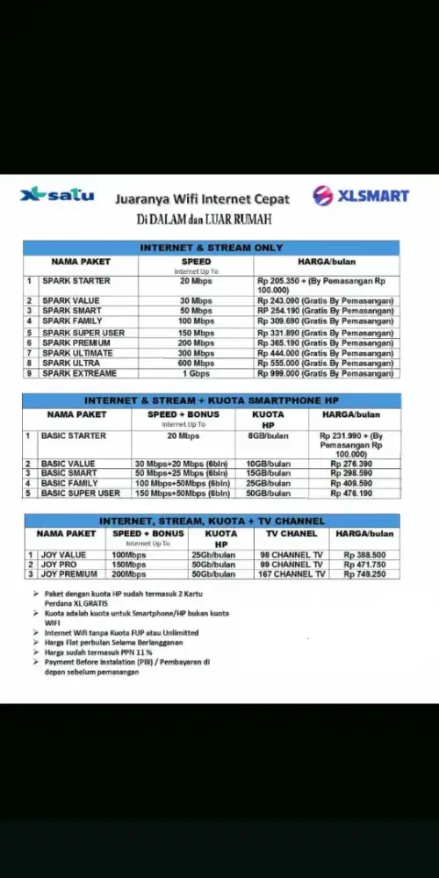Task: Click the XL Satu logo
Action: [x=57, y=195]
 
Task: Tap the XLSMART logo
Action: [x=361, y=195]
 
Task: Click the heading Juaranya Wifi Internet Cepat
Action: [x=203, y=198]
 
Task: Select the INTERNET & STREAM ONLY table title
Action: [x=212, y=248]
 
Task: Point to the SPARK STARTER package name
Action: [x=76, y=281]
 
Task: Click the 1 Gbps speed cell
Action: [x=196, y=373]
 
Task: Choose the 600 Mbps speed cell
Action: [x=196, y=363]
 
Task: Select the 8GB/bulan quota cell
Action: [x=268, y=435]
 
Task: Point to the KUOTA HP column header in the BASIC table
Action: [x=268, y=419]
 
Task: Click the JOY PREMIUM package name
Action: [x=69, y=574]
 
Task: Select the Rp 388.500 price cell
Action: [x=364, y=555]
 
